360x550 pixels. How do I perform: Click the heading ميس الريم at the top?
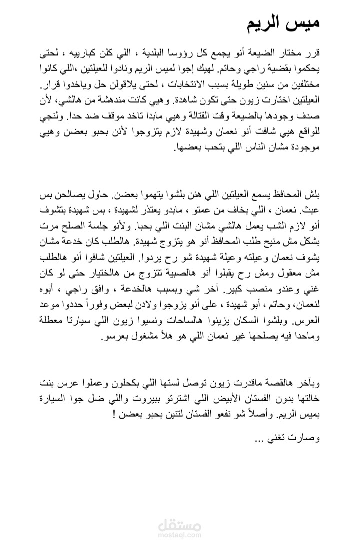[x=283, y=23]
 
